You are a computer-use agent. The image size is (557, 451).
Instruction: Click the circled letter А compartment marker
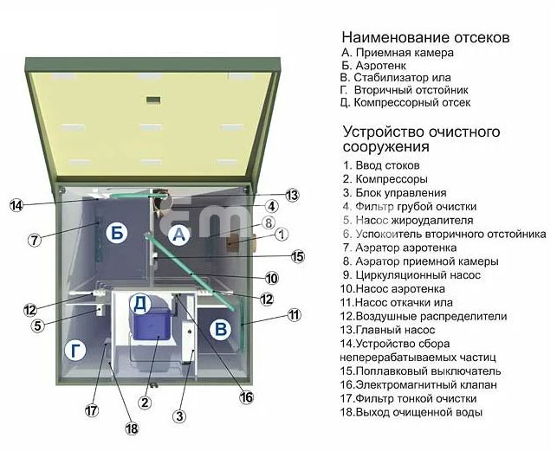[179, 234]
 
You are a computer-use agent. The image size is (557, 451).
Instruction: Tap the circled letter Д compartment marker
[141, 303]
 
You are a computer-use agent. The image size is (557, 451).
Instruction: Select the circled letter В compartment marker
[221, 329]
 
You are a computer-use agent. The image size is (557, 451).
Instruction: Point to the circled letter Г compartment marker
[75, 351]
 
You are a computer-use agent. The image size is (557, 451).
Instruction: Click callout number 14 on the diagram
[16, 206]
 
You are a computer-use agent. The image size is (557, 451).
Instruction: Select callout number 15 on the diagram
[298, 256]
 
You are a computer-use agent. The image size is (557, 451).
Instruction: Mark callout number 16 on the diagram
[246, 397]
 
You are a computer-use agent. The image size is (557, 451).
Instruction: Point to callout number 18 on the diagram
[131, 428]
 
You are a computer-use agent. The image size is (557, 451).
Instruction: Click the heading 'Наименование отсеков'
[424, 38]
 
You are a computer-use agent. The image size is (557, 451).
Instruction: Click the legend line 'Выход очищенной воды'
[410, 412]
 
